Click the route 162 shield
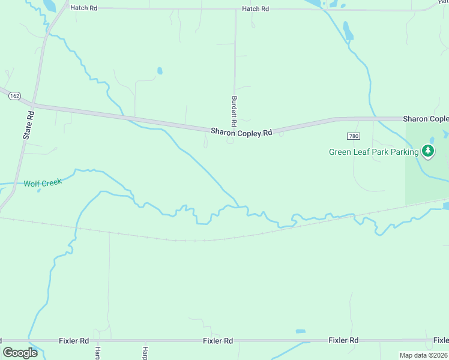click(15, 96)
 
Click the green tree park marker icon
click(428, 151)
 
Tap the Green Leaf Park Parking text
click(373, 152)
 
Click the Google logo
click(20, 352)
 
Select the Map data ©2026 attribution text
click(423, 355)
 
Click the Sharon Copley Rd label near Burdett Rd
click(241, 132)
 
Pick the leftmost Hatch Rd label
click(83, 8)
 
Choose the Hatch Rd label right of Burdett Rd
click(255, 9)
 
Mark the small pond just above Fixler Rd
click(300, 331)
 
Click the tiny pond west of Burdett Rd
click(160, 71)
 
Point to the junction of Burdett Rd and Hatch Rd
click(235, 10)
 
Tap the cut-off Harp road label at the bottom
click(145, 352)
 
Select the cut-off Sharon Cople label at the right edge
click(426, 119)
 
